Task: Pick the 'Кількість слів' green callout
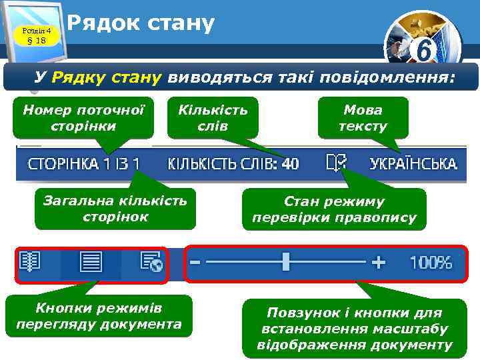point(212,118)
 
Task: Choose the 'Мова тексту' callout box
point(363,118)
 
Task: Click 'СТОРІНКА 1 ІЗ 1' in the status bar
point(83,163)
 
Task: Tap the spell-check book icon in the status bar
point(336,163)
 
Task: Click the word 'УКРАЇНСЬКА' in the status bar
point(413,163)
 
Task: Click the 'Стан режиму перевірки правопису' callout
point(333,209)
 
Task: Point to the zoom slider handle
point(286,262)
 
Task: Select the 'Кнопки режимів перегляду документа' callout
point(99,316)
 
